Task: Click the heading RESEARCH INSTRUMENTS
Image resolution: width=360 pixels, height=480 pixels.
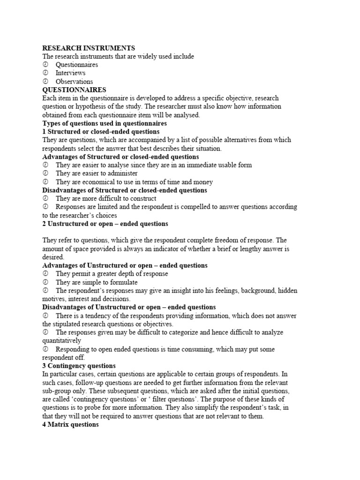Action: tap(89, 48)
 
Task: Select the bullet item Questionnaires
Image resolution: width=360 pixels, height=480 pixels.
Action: tap(76, 65)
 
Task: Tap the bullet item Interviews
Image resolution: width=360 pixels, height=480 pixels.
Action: tap(70, 73)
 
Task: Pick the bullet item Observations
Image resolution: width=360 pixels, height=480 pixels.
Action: tap(74, 82)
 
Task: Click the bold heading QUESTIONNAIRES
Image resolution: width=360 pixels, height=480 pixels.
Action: tap(74, 90)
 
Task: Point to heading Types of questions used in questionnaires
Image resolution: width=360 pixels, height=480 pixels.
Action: tap(105, 123)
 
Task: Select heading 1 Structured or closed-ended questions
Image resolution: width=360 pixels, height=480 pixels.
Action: tap(101, 132)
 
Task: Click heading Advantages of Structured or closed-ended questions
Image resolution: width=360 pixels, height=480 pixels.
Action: tap(120, 157)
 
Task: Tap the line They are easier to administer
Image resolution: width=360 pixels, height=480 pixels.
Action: tap(97, 173)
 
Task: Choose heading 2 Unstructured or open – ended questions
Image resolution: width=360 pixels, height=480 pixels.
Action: tap(105, 224)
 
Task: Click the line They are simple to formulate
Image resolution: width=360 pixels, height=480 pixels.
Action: tap(97, 282)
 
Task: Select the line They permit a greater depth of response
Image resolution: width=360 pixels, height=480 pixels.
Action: tap(112, 274)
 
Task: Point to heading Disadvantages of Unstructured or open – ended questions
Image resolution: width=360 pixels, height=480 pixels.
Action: tap(129, 307)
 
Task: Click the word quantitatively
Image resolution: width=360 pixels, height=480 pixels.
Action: tap(61, 341)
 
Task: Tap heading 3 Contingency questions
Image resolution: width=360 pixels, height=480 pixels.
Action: tap(79, 366)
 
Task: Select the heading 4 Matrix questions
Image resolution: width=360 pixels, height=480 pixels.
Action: tap(70, 424)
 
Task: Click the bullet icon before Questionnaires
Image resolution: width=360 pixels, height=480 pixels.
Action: tap(45, 65)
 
